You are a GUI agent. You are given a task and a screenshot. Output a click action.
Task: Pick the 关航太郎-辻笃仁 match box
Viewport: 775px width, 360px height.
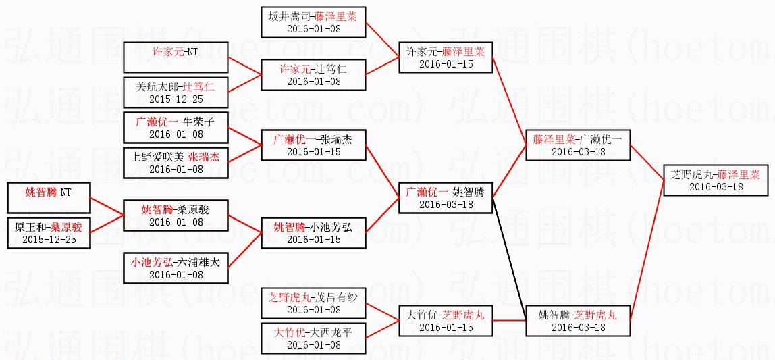pos(176,93)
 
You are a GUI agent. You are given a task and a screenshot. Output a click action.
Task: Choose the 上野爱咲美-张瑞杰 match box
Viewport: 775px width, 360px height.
pos(176,163)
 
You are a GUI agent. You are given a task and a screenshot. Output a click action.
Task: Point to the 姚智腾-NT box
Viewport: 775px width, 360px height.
pos(47,198)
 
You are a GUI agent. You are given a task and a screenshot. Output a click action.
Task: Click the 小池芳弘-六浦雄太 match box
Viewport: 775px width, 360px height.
pos(176,268)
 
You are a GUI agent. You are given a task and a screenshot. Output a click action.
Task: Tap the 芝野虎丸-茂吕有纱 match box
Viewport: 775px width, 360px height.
pos(313,303)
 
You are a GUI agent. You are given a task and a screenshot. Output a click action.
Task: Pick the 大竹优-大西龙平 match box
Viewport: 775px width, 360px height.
pos(313,338)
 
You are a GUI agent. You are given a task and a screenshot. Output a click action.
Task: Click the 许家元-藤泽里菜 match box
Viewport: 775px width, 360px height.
pos(446,57)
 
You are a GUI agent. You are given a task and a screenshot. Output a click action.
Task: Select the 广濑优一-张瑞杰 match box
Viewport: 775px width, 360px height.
pos(313,145)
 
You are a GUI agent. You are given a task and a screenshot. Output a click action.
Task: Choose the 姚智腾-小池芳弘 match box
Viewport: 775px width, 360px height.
pos(313,233)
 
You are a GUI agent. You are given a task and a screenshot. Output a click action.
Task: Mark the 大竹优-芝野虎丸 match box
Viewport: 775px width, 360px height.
pos(446,321)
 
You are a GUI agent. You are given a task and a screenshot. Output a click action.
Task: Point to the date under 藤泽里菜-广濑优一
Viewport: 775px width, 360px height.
pos(578,152)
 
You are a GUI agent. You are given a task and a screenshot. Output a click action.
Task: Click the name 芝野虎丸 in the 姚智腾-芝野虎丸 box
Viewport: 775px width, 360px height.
pos(595,315)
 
